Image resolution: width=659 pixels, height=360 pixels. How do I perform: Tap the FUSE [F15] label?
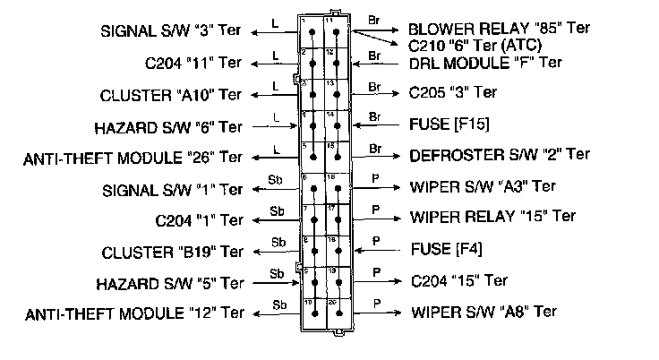pyautogui.click(x=449, y=123)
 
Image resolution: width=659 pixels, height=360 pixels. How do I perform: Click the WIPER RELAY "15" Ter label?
pyautogui.click(x=493, y=216)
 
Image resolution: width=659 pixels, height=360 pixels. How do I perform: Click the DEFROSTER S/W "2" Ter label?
pyautogui.click(x=500, y=154)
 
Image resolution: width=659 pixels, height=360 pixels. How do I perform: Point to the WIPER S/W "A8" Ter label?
pyautogui.click(x=484, y=312)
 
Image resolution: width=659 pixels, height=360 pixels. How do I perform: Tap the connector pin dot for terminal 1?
pyautogui.click(x=312, y=32)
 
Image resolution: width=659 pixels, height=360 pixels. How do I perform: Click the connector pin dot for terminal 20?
pyautogui.click(x=336, y=313)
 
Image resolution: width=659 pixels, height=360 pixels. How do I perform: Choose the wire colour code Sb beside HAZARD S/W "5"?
pyautogui.click(x=278, y=273)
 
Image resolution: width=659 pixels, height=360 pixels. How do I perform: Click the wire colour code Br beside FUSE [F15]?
pyautogui.click(x=375, y=116)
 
